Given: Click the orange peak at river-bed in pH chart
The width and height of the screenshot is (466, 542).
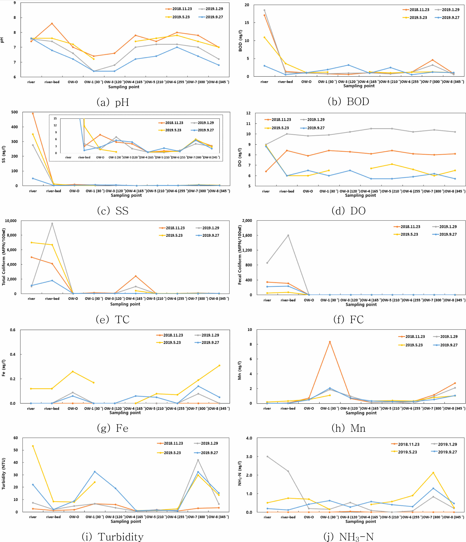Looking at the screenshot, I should coord(52,24).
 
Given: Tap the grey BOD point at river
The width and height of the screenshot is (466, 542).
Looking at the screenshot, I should coord(264,10).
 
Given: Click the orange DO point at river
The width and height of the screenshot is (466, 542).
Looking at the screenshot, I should coord(266,171).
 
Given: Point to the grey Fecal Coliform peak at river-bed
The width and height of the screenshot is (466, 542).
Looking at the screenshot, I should coord(288,235).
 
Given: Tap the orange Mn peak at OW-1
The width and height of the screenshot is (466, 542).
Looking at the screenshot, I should coord(330,342).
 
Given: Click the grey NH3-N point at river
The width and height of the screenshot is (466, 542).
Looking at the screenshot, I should coord(267,456).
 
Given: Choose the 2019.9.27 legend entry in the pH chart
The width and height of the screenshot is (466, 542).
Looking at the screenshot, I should coord(211,17).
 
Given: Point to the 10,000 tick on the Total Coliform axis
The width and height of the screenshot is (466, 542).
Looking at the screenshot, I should coord(11,221).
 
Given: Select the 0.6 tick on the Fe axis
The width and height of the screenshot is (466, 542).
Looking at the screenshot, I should coord(13,330).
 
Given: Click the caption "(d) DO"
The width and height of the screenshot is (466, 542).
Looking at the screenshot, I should coord(348,211).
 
